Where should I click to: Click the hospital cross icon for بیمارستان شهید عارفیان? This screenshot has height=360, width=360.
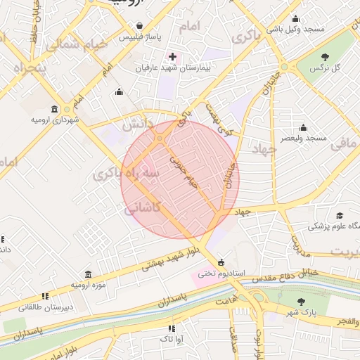[173, 56]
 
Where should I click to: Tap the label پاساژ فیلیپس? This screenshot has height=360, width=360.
[139, 35]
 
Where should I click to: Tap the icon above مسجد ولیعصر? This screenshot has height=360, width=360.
[303, 127]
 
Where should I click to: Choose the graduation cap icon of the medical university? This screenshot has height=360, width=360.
[340, 215]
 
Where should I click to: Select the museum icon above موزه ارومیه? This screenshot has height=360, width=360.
[88, 274]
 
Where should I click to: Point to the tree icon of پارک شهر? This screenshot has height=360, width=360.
[301, 301]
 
